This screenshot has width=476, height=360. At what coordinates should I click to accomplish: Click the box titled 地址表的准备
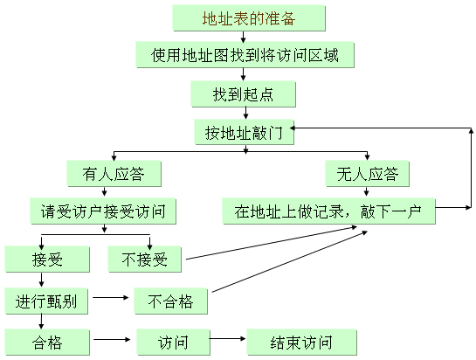click(249, 18)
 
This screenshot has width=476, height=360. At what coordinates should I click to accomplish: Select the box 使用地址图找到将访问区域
click(245, 55)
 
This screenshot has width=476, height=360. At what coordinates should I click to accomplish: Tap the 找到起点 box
click(243, 93)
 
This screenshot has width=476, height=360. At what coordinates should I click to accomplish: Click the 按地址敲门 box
click(244, 132)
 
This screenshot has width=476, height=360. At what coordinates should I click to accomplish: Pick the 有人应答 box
click(114, 174)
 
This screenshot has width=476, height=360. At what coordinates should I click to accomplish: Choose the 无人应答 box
click(368, 174)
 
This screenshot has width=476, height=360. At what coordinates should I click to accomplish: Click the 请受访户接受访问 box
click(103, 211)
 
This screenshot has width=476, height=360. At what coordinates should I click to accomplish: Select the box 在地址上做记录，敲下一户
click(329, 211)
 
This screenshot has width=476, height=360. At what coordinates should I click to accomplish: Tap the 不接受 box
click(145, 260)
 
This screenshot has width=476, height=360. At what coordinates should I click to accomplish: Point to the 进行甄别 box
click(46, 301)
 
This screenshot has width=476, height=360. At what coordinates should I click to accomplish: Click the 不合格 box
click(171, 301)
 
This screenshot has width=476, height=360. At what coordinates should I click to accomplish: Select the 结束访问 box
click(301, 342)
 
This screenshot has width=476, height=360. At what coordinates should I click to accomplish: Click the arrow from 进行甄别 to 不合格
click(111, 297)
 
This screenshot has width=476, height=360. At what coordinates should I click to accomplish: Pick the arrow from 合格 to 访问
click(112, 339)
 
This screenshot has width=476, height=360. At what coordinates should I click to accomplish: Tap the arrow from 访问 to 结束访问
click(227, 338)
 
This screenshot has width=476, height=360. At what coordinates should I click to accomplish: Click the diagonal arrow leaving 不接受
click(272, 242)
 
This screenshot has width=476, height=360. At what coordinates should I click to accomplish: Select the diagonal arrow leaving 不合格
click(290, 261)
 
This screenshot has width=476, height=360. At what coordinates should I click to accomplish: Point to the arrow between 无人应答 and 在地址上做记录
click(367, 191)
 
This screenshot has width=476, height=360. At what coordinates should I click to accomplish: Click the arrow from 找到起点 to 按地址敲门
click(246, 113)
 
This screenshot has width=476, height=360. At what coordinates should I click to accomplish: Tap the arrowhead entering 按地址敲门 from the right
click(293, 128)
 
